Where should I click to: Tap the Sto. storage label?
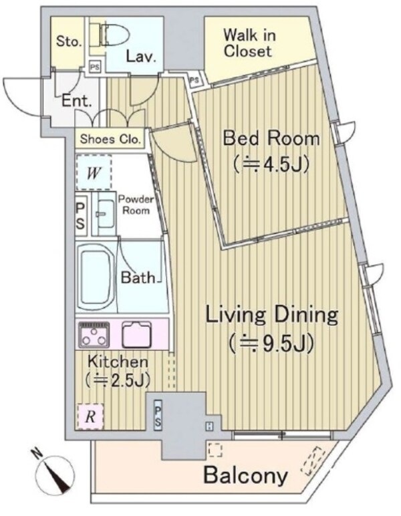click(x=68, y=41)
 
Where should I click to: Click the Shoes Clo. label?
click(x=110, y=140)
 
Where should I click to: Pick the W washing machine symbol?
click(x=94, y=173)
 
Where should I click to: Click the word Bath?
click(x=139, y=277)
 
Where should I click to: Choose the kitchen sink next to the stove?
click(x=138, y=332)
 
